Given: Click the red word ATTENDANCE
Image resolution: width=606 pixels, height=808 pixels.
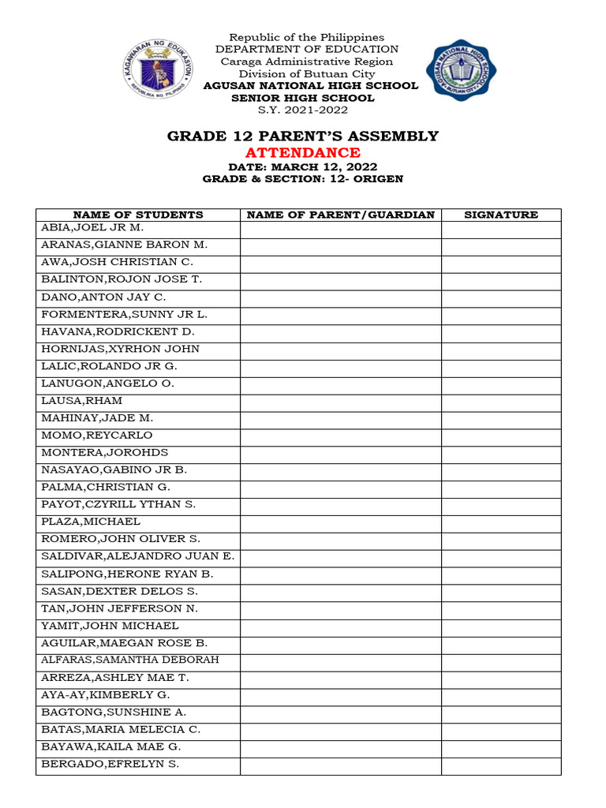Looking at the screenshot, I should pos(303,152).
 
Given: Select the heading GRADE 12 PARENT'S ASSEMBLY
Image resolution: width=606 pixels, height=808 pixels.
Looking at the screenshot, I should pos(303,136).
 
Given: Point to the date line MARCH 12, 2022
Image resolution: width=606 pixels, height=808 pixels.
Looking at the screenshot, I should pos(303,167).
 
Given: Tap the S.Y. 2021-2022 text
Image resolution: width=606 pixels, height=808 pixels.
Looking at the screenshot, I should pos(303,110).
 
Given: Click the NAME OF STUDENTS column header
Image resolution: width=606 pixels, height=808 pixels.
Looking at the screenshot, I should pos(138,215).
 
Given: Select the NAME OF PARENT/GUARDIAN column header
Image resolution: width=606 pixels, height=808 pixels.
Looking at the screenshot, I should pos(341,215).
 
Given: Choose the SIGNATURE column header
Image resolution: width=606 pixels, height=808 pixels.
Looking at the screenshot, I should pos(501,215).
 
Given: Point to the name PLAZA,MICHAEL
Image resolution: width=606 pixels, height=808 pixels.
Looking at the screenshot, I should pos(91,522).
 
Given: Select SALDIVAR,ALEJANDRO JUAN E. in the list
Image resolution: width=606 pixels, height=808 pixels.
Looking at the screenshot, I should pos(138,556).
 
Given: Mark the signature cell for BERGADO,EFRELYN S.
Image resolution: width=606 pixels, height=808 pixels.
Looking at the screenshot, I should pos(501,764).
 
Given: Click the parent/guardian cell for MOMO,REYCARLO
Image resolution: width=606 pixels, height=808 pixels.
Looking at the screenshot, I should pos(341,436).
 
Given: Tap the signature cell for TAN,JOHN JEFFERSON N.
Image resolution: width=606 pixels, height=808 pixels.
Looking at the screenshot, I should pos(501,608).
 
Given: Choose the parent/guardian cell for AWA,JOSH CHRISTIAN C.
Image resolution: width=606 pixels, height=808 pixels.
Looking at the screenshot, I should pos(341,263).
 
